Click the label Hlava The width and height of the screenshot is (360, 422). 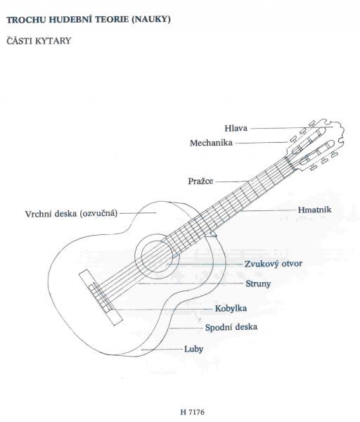(236, 128)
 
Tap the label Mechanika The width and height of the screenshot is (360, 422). (211, 143)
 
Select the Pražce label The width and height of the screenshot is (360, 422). (200, 181)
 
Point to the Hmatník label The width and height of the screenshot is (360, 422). (314, 210)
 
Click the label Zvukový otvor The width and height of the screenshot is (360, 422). (274, 264)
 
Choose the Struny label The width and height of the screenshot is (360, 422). (258, 283)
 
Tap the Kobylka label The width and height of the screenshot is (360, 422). (231, 309)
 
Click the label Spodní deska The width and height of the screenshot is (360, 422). (231, 327)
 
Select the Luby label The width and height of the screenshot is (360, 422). (193, 349)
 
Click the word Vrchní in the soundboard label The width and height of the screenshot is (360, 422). (37, 214)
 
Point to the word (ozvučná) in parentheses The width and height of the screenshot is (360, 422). (98, 213)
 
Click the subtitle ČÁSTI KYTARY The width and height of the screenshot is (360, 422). (39, 41)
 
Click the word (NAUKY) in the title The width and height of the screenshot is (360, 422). (151, 20)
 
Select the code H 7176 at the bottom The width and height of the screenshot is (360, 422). (193, 412)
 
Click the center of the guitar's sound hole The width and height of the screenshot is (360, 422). (157, 257)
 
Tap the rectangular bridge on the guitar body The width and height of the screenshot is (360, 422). (101, 298)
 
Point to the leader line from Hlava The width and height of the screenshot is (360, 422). (291, 127)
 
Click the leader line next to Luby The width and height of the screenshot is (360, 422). (162, 350)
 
